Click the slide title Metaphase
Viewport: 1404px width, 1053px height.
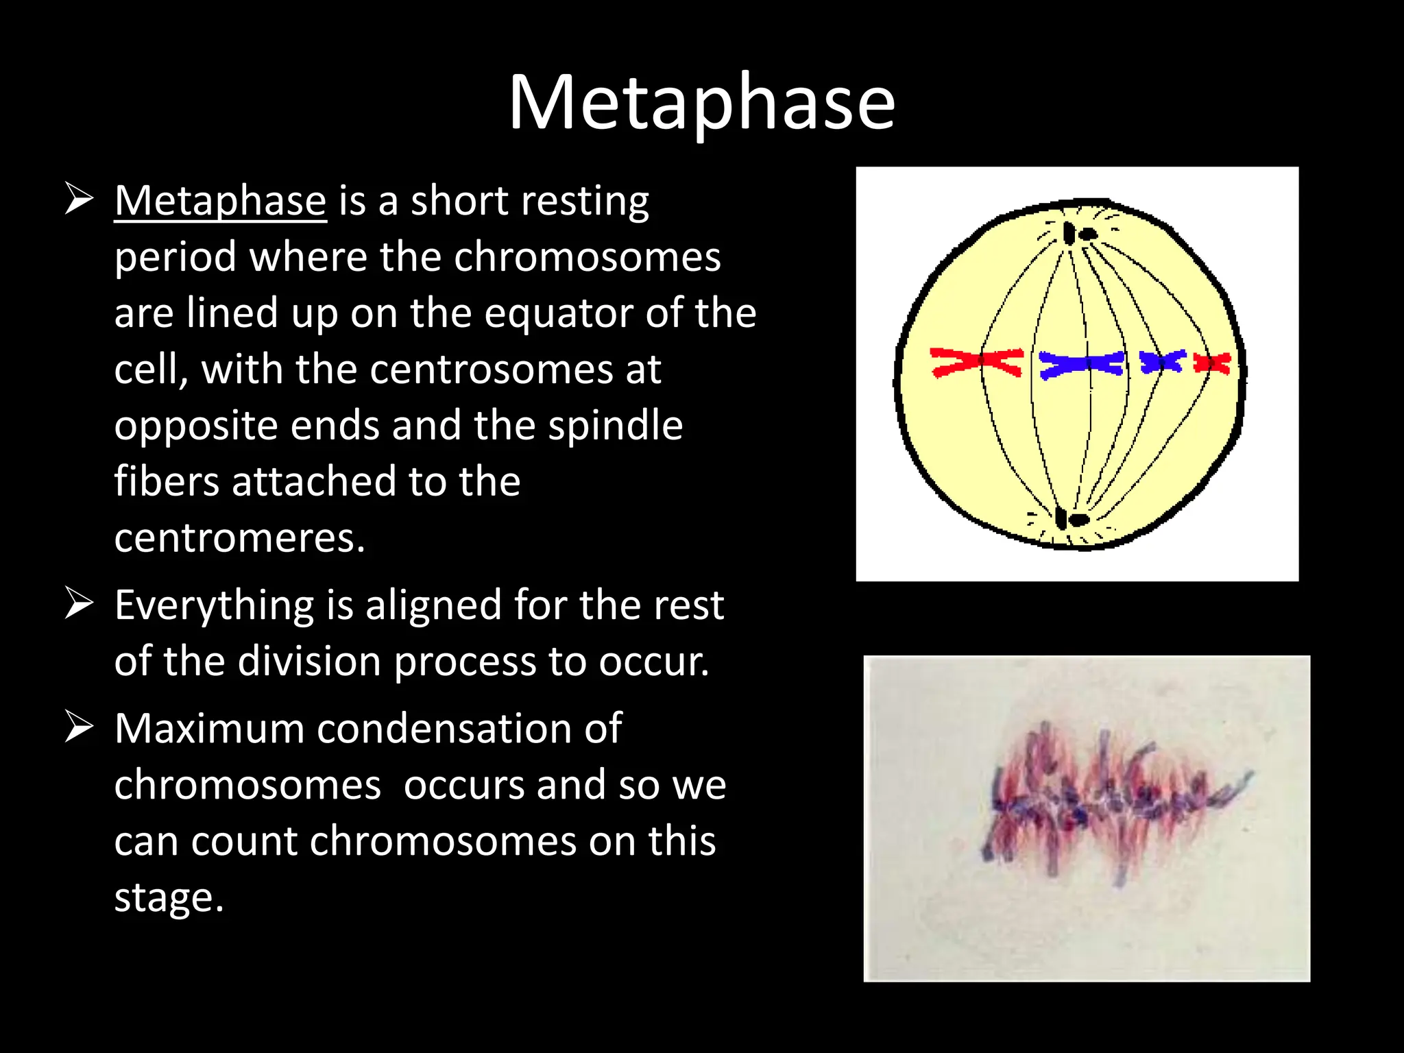701,103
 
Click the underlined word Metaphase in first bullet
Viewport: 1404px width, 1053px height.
220,201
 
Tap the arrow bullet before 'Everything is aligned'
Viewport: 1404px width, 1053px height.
79,604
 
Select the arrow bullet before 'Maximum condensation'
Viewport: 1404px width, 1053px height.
79,727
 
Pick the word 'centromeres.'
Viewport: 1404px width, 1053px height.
240,538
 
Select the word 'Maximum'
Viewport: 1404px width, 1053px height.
208,728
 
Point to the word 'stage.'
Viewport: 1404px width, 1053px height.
169,897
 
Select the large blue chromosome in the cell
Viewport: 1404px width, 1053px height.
1081,364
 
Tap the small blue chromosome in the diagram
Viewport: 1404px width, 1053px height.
1162,361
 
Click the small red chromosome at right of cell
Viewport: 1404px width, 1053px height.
1212,363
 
